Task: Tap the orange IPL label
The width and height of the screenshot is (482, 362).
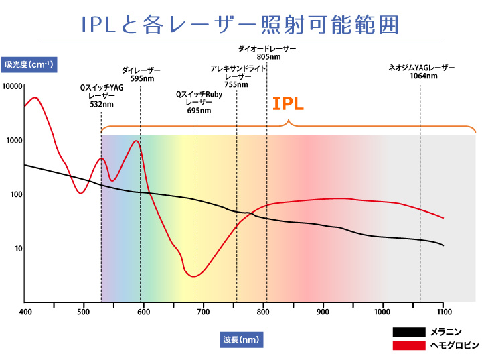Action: [289, 104]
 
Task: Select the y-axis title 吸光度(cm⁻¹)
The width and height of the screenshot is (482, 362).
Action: [31, 64]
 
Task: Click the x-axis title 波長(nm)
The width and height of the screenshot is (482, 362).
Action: [241, 339]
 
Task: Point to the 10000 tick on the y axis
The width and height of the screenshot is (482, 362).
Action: [13, 87]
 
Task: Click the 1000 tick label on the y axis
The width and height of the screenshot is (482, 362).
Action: [14, 141]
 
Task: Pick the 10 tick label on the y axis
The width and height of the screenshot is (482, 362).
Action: [18, 249]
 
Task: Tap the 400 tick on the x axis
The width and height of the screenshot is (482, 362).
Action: [25, 312]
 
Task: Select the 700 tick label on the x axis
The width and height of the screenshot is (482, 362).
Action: [204, 312]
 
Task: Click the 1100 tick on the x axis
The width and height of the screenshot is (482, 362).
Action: [443, 312]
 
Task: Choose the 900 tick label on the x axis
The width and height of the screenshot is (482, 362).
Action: [323, 312]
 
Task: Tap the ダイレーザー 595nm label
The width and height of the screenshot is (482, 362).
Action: [141, 74]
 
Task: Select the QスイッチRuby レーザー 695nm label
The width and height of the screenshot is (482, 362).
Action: [199, 102]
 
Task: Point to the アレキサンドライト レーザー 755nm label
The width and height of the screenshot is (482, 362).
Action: [238, 77]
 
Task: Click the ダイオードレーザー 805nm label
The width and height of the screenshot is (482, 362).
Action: [267, 53]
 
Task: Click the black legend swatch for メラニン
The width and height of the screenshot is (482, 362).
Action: [408, 332]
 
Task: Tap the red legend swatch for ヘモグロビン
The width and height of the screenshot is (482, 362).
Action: [408, 345]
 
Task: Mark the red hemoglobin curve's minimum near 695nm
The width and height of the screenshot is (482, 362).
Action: [193, 276]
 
